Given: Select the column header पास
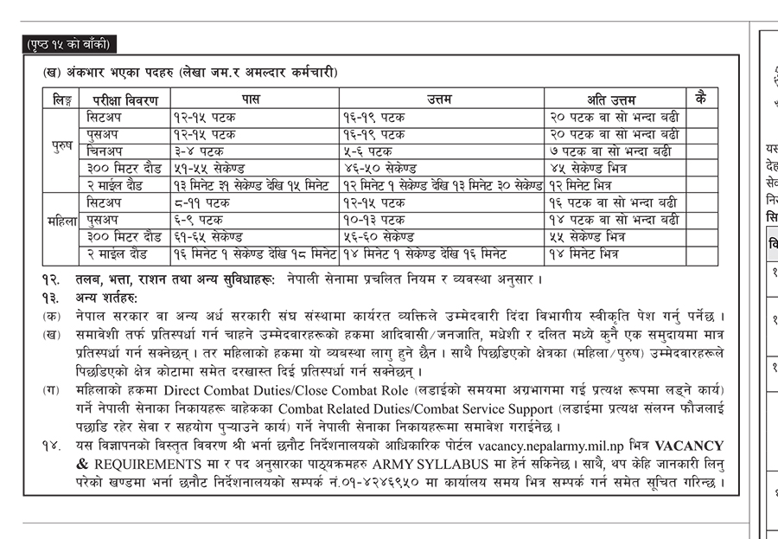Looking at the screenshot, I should [250, 98].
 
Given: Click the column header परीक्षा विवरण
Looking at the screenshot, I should [126, 98].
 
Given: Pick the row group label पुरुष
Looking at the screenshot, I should [62, 147].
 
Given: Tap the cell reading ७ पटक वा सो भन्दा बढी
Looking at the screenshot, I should [609, 151].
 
